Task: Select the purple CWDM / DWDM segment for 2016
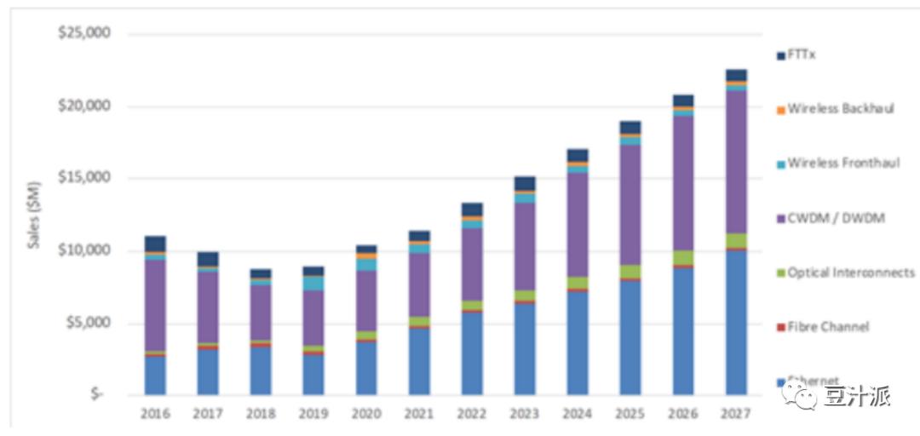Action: [155, 305]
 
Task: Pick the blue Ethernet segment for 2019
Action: [313, 374]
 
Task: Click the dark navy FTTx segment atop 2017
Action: [208, 259]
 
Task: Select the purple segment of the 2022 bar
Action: [472, 264]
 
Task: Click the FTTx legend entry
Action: [802, 54]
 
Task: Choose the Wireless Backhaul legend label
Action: [840, 109]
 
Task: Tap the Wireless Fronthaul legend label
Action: [842, 163]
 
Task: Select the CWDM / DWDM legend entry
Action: [836, 218]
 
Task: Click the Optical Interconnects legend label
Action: [850, 272]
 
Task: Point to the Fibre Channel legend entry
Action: [828, 327]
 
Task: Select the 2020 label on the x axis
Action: [366, 415]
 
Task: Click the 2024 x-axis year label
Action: [578, 415]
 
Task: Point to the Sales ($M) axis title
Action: [33, 215]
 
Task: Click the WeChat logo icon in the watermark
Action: [800, 394]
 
